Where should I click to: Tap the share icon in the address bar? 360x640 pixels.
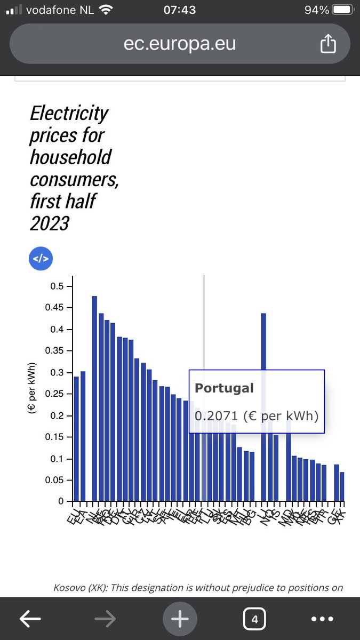tap(328, 44)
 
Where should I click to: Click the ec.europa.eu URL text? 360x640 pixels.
tap(180, 44)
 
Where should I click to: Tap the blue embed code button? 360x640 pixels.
tap(41, 259)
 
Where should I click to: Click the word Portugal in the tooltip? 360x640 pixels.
tap(224, 388)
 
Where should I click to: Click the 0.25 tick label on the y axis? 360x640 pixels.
tap(53, 394)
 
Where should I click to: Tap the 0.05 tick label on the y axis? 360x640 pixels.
tap(53, 481)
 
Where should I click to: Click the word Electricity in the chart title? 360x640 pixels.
tap(69, 113)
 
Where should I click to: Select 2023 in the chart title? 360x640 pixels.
tap(49, 223)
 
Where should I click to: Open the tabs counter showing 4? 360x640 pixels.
tap(254, 619)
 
